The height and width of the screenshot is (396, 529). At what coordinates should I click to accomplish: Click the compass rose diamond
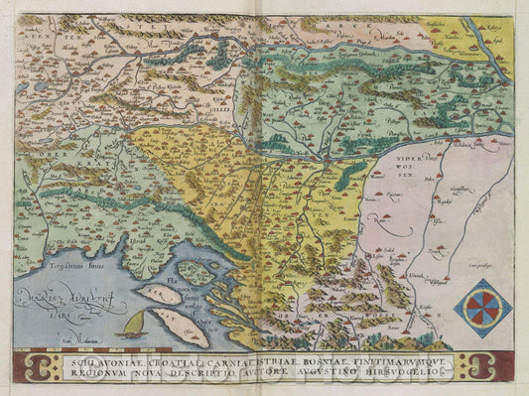483,308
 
